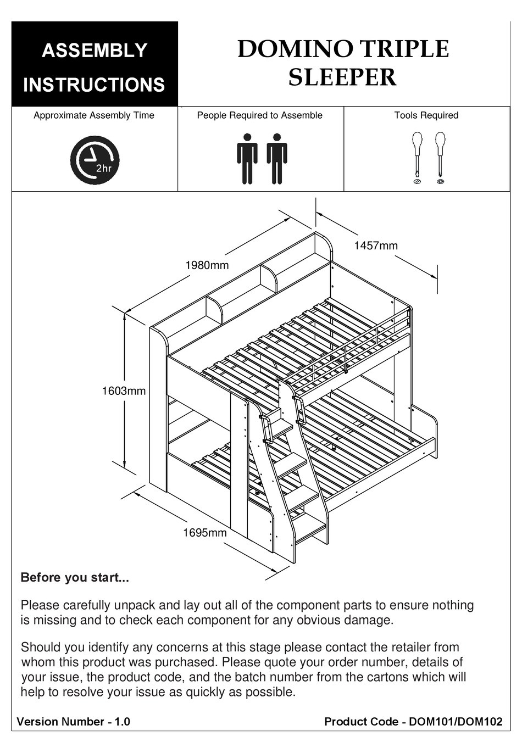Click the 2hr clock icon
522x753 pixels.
[x=95, y=160]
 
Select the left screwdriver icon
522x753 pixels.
[x=417, y=157]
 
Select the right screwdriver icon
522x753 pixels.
[x=440, y=157]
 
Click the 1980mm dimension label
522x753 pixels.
[x=207, y=265]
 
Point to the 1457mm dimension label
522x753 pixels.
[x=375, y=246]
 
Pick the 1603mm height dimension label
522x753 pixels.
[x=124, y=391]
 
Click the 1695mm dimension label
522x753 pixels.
[x=204, y=532]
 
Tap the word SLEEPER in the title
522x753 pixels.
[x=342, y=77]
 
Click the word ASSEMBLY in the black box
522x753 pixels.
[x=95, y=51]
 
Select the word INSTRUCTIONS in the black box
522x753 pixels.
[x=94, y=85]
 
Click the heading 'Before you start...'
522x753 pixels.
[x=75, y=578]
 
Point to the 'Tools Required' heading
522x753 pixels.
[x=426, y=115]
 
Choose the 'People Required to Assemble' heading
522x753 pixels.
[x=259, y=115]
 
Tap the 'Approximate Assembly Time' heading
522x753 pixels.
[x=94, y=115]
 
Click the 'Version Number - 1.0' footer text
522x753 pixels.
[x=74, y=722]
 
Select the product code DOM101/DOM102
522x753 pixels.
[x=456, y=722]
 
